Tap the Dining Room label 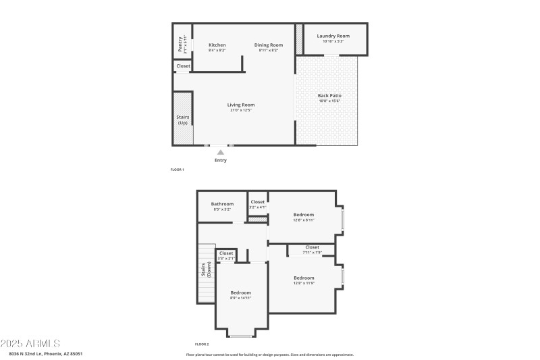269,45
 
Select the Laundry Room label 333,36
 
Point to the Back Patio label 329,96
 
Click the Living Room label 240,105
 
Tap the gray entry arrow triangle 220,153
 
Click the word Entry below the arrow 221,160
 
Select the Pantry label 180,44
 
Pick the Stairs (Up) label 182,120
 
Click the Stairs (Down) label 205,270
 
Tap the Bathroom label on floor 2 222,204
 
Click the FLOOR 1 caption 177,170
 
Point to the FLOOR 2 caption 202,344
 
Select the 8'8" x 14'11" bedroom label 240,293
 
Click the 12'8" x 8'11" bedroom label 303,215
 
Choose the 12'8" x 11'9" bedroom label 303,278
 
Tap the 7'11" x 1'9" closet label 312,247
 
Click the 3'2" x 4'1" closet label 257,202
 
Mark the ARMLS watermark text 31,344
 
